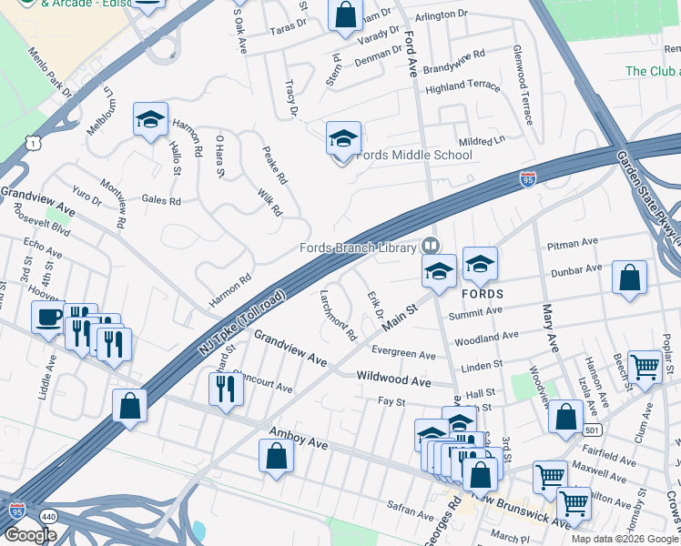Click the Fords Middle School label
414,155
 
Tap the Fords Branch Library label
359,247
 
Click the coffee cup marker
48,318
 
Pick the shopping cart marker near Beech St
645,367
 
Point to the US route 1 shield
35,144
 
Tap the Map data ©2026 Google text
625,539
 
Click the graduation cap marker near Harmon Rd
150,119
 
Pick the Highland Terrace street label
462,86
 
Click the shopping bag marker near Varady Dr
345,15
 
